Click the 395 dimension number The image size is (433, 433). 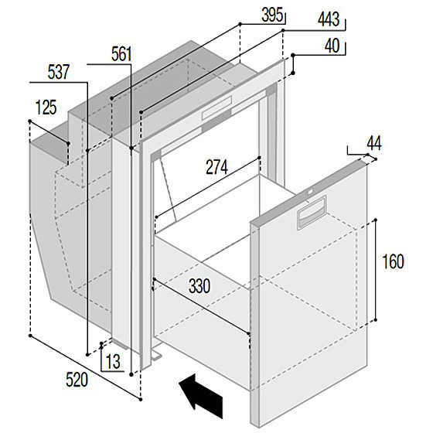pyautogui.click(x=272, y=15)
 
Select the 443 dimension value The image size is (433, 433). pyautogui.click(x=329, y=19)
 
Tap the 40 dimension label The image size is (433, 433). pyautogui.click(x=332, y=46)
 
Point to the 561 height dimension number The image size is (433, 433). pyautogui.click(x=121, y=54)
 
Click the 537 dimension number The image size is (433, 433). pyautogui.click(x=58, y=72)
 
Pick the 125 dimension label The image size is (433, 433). pyautogui.click(x=46, y=107)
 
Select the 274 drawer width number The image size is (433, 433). pyautogui.click(x=216, y=167)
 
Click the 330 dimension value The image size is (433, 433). pyautogui.click(x=199, y=286)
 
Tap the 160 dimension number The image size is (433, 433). pyautogui.click(x=393, y=261)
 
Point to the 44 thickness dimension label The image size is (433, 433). pyautogui.click(x=374, y=143)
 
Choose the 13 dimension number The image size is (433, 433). pyautogui.click(x=113, y=362)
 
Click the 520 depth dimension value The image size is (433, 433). pyautogui.click(x=77, y=380)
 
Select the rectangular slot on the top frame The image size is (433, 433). pyautogui.click(x=217, y=108)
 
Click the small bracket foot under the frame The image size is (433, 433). pyautogui.click(x=155, y=355)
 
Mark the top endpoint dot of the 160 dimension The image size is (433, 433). pyautogui.click(x=375, y=220)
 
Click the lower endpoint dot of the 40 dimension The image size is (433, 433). pyautogui.click(x=293, y=73)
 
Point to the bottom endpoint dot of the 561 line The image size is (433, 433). pyautogui.click(x=131, y=374)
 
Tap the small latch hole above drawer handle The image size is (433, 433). pyautogui.click(x=310, y=192)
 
